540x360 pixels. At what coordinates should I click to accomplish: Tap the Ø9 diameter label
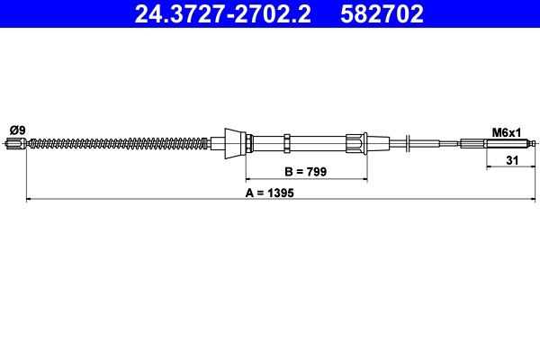click(x=16, y=130)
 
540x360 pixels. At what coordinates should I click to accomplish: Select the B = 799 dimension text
click(x=307, y=171)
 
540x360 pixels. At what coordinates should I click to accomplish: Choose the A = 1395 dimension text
click(x=270, y=192)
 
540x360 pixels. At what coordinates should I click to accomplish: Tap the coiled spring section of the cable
click(x=117, y=142)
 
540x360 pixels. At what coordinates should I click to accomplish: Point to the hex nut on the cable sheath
click(x=286, y=142)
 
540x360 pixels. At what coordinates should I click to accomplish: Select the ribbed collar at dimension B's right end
click(x=357, y=142)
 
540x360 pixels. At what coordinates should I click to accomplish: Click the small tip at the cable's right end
click(x=534, y=143)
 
